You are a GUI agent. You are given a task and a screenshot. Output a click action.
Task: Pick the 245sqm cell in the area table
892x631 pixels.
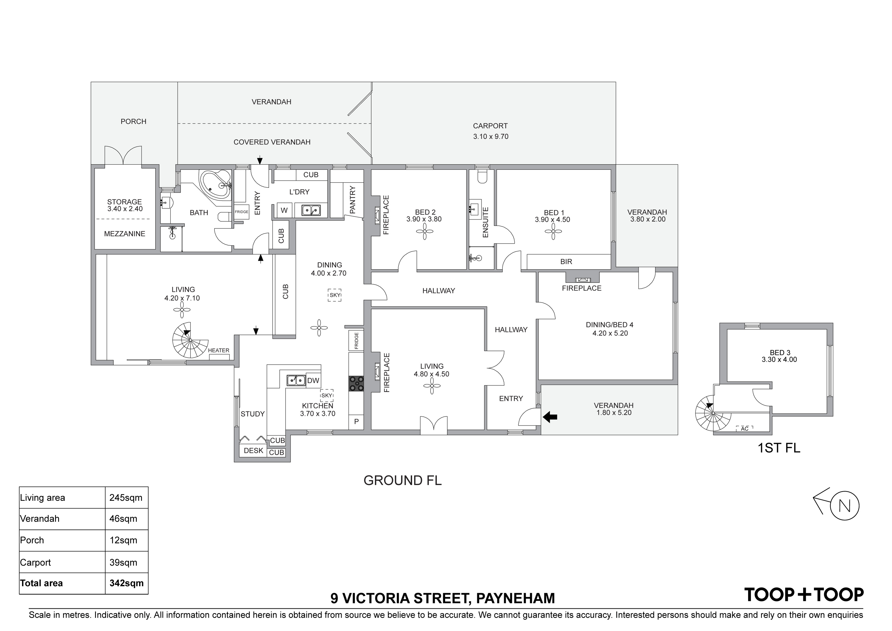(126, 498)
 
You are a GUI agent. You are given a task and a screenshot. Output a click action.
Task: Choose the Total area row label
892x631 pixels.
(41, 583)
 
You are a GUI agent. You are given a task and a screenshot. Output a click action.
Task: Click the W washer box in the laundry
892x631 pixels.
(284, 210)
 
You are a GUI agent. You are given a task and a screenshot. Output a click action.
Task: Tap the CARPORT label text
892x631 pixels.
(490, 126)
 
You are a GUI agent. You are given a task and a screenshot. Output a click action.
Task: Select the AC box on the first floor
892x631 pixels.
(744, 429)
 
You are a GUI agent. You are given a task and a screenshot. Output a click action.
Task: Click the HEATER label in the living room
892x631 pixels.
(218, 350)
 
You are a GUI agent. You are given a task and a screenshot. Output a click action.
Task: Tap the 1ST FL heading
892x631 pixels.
(779, 448)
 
